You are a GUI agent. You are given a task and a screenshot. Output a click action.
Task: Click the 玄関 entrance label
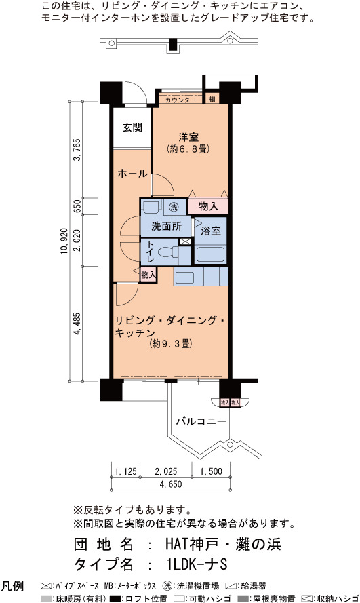133,128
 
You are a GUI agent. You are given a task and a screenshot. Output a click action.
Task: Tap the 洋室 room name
188,137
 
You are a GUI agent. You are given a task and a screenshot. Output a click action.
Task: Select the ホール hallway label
132,174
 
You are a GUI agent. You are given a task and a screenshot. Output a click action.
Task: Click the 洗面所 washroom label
166,226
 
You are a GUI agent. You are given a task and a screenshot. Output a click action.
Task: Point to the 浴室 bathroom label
211,231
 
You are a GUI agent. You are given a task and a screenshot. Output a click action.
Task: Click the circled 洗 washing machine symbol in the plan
174,208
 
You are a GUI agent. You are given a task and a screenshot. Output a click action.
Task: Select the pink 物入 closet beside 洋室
208,206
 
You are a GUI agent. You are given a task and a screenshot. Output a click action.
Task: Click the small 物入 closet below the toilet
148,275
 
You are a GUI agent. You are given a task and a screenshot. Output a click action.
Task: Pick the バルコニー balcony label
201,421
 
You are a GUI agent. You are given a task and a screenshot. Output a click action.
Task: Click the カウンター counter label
180,100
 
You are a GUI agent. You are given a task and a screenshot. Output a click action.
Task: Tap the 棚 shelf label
212,99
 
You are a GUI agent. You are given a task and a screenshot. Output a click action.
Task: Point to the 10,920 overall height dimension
64,241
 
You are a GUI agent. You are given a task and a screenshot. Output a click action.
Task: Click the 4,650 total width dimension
171,484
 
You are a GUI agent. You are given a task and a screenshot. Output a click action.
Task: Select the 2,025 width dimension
166,471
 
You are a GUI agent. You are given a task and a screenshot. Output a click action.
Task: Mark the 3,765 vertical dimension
77,150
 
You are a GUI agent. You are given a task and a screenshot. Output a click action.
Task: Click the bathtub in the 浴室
209,254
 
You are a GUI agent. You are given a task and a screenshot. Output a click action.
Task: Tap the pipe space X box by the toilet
185,241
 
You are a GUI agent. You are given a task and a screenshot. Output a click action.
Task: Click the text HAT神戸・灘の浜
223,544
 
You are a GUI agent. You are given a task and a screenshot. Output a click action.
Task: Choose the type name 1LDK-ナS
197,564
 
